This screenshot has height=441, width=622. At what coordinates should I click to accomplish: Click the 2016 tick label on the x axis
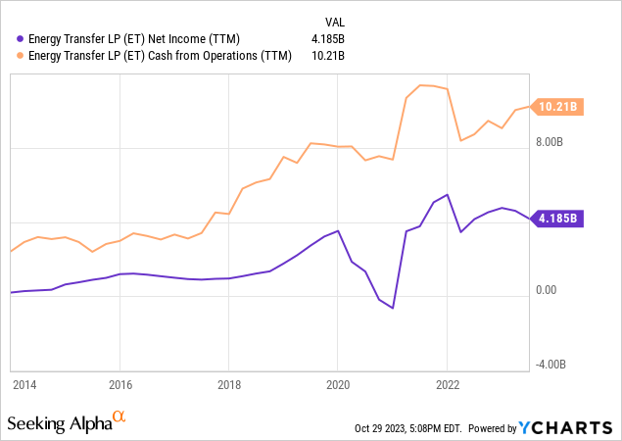coord(120,384)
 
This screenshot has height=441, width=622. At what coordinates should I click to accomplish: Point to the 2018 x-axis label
coord(228,384)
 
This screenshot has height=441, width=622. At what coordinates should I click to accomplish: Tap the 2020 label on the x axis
coord(337,384)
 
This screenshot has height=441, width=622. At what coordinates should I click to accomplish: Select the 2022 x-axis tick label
coord(447,384)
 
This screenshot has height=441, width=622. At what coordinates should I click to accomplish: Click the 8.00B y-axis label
coord(549,141)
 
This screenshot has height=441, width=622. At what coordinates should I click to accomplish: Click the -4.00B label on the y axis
coord(549,364)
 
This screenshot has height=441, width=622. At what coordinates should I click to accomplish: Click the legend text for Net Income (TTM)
coord(128,39)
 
